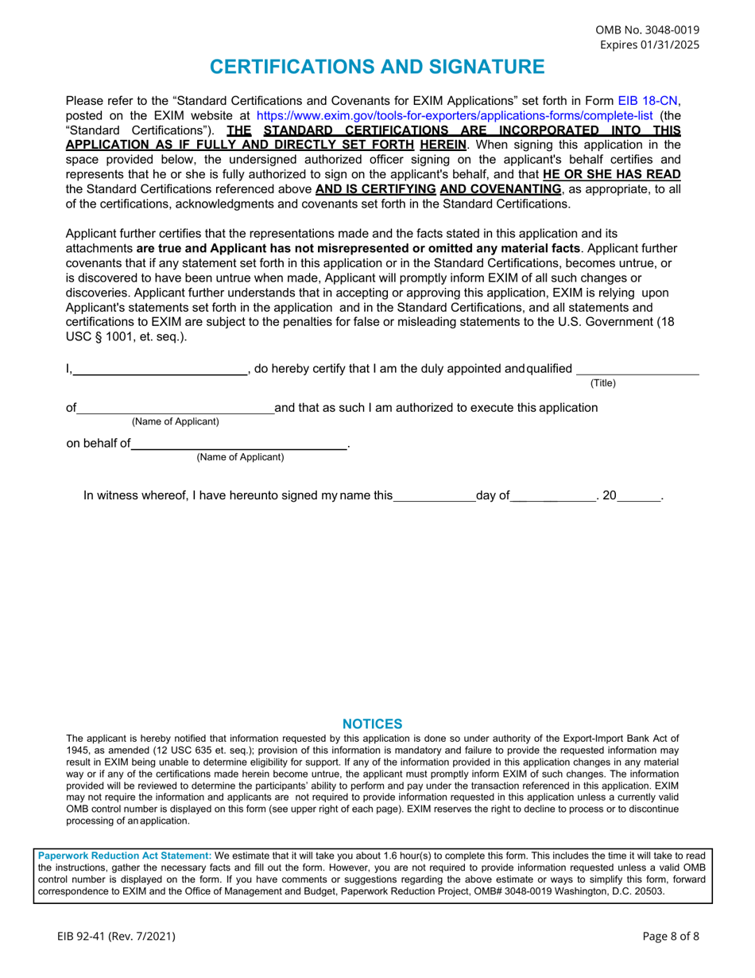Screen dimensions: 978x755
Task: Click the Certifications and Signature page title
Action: [377, 67]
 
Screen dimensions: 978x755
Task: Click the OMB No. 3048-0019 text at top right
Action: [648, 30]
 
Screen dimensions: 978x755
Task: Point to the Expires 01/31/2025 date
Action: [649, 45]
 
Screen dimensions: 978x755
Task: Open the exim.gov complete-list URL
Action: [454, 115]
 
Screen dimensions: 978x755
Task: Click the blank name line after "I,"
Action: [160, 370]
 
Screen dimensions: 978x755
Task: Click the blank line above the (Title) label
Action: [637, 370]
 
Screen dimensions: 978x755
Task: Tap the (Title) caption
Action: [602, 383]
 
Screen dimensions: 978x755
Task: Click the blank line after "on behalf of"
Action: [238, 445]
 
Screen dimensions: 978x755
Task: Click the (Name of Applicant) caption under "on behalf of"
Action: [240, 457]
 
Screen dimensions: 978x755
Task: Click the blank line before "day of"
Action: [434, 498]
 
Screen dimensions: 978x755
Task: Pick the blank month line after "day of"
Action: [553, 498]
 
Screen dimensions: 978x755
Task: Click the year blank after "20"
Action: [638, 498]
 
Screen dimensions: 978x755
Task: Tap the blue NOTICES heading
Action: [372, 724]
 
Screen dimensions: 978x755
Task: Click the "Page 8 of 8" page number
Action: [671, 936]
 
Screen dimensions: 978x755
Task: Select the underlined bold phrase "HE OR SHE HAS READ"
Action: [612, 174]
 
